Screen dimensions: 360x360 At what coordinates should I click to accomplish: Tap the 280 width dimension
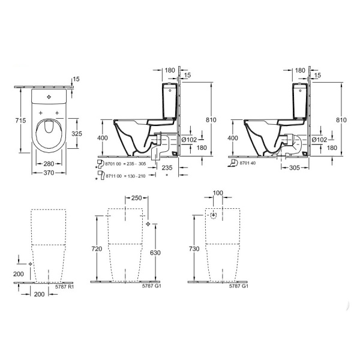(x=49, y=163)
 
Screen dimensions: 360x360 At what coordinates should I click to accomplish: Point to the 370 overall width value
(x=49, y=173)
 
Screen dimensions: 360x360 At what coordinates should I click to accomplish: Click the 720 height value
(x=97, y=248)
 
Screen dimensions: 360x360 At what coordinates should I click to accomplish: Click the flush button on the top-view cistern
(x=49, y=95)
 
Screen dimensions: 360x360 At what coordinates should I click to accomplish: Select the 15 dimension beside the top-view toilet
(x=76, y=79)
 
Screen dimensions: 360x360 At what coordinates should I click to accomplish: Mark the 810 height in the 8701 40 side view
(x=342, y=119)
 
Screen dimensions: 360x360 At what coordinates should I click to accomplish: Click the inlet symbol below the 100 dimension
(x=212, y=215)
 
